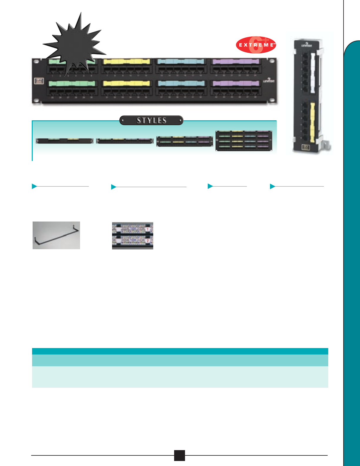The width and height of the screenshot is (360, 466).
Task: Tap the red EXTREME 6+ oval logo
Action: [x=256, y=45]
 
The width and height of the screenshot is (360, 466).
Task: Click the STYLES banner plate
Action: [x=151, y=120]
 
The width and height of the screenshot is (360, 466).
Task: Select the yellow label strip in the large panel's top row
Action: [x=126, y=62]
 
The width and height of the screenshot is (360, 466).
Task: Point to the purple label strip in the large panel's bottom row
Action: [x=236, y=83]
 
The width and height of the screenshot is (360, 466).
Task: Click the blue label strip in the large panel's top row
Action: [x=181, y=62]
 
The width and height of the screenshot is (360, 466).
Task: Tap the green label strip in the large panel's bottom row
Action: [x=72, y=83]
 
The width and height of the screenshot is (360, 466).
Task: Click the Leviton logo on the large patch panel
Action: [x=269, y=81]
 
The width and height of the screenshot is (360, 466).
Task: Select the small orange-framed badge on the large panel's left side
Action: [x=39, y=81]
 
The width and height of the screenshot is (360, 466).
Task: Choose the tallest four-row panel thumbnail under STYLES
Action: [x=244, y=141]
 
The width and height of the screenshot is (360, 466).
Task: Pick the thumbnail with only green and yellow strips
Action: [x=64, y=141]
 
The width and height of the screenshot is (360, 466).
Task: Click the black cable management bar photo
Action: [x=56, y=235]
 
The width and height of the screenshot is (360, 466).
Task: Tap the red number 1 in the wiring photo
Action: [x=148, y=229]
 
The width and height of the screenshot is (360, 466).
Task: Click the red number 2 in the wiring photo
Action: [x=148, y=241]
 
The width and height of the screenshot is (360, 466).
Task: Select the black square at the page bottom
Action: [x=179, y=455]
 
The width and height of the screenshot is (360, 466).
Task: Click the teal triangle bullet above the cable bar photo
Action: [x=34, y=186]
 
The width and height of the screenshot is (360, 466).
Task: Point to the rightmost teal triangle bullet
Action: [x=272, y=186]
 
